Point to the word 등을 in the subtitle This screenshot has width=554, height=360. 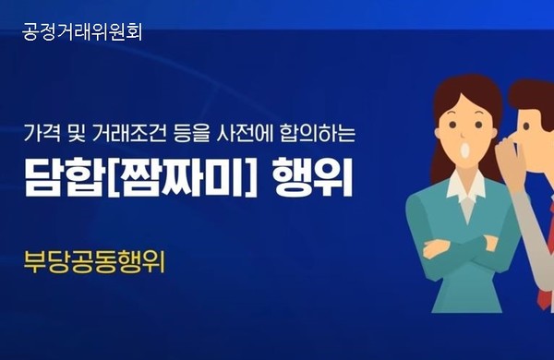pyautogui.click(x=187, y=134)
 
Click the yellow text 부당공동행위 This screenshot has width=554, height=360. pyautogui.click(x=94, y=260)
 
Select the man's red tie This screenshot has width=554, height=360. pyautogui.click(x=546, y=277)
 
